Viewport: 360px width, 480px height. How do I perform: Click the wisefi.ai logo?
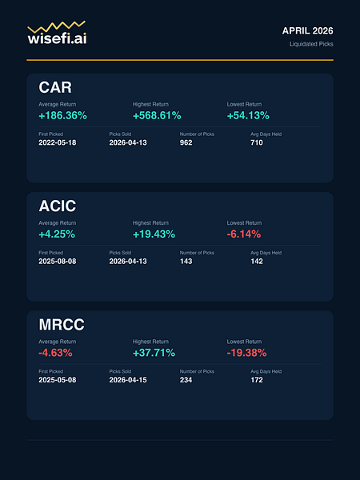point(57,33)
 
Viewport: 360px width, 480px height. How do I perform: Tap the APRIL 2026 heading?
point(308,31)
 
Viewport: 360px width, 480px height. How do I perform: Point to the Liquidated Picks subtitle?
point(311,44)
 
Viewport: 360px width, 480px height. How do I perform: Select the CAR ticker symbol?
point(55,87)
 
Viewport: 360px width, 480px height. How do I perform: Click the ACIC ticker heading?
point(58,206)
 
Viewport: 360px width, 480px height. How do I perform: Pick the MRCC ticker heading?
point(62,325)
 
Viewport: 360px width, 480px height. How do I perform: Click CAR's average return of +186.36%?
point(62,116)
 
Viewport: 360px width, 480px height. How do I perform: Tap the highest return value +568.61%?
point(157,116)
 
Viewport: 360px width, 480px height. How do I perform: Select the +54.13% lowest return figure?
point(248,116)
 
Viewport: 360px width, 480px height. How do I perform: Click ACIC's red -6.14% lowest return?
point(244,234)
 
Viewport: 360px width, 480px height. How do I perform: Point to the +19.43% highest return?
point(154,234)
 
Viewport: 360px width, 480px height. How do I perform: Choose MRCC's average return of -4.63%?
point(55,353)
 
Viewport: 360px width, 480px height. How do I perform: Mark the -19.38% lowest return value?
point(246,353)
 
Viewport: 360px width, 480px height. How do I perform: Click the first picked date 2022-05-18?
point(58,142)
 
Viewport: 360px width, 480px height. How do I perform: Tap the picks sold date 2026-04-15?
point(128,380)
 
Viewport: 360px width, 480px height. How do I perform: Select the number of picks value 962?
point(186,142)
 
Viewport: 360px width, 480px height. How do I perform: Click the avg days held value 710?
point(257,142)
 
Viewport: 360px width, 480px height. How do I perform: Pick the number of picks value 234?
point(186,380)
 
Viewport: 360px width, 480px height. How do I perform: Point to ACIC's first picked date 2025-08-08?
point(58,262)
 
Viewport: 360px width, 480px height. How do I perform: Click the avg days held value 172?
point(257,380)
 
